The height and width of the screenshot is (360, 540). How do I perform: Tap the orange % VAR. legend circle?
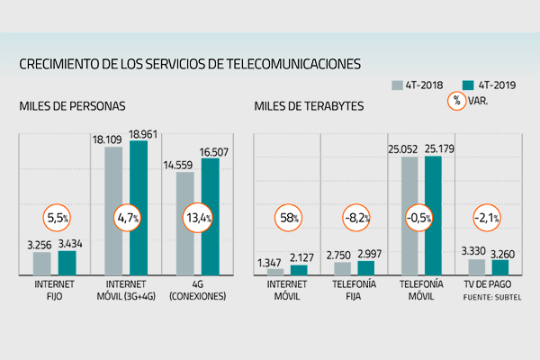coord(456,101)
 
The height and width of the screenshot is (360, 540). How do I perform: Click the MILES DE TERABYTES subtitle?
coord(309,106)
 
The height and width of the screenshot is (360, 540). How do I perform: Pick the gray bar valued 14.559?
coord(184,222)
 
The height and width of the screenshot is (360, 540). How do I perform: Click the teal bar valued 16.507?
coord(210,216)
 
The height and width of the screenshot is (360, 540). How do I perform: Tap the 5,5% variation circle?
coord(56,218)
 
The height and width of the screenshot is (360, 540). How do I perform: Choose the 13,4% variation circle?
coord(196,218)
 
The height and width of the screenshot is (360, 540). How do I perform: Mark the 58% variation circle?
coord(288,218)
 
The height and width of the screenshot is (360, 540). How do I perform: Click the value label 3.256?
coord(40,243)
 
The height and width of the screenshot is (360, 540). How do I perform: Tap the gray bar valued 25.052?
coord(409,215)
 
